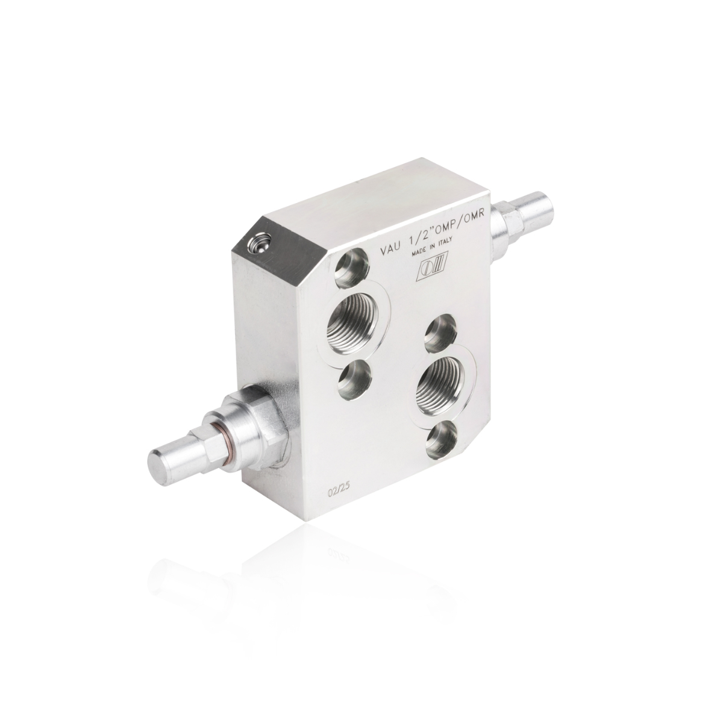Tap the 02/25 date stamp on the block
pos(339,493)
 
